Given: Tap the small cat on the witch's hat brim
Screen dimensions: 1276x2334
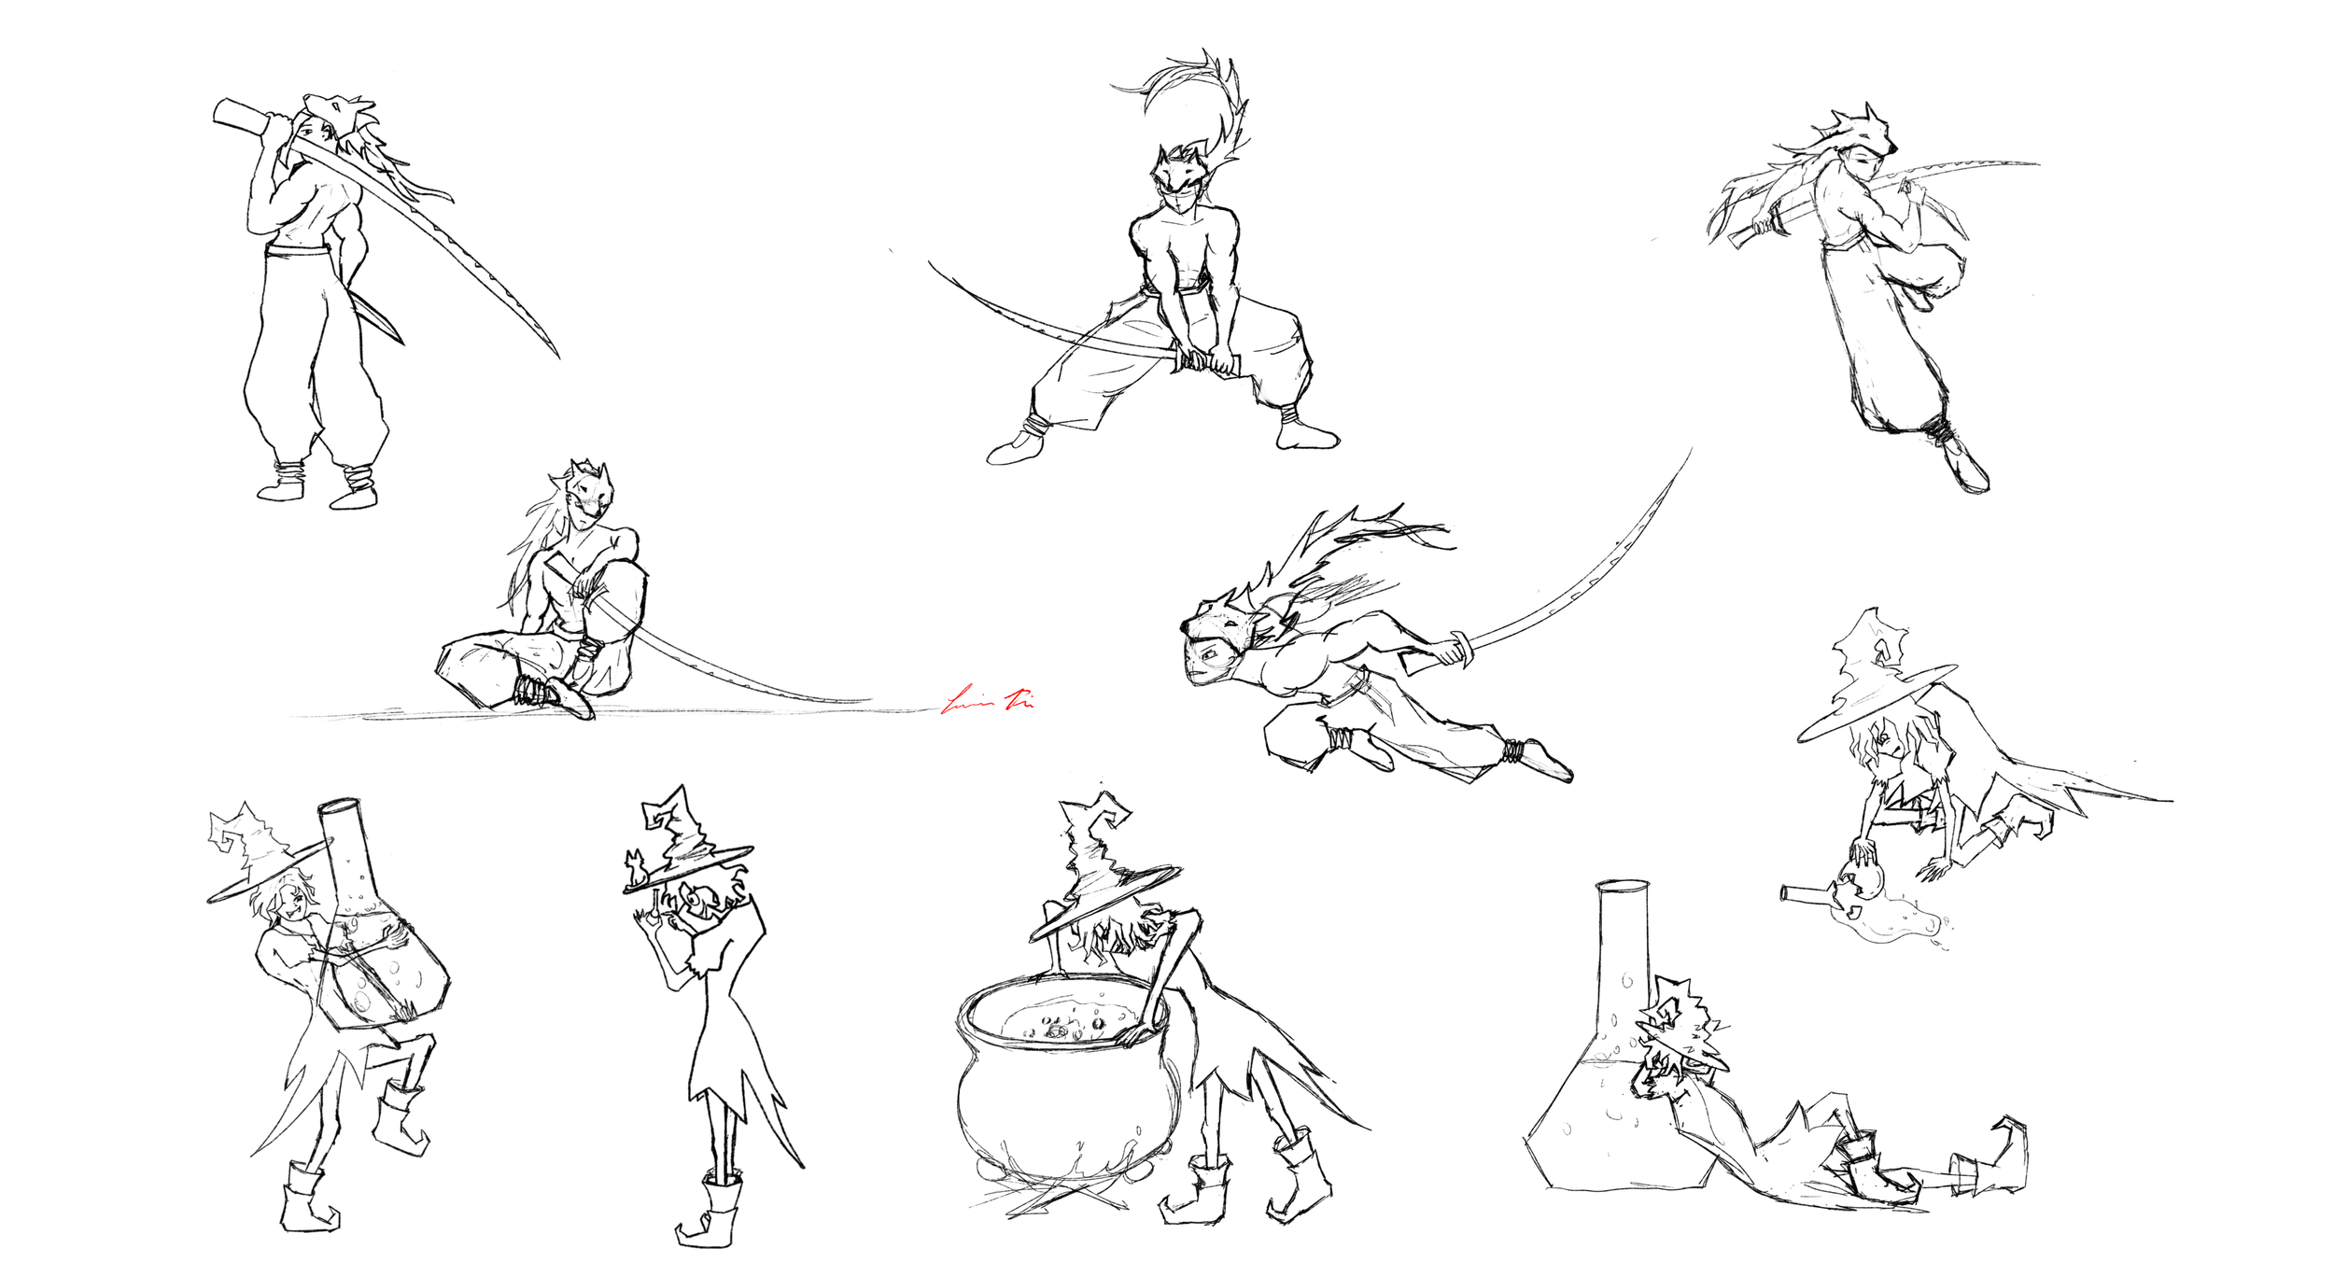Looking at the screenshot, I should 637,868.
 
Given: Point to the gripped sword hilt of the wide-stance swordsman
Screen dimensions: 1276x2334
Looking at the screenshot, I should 1209,362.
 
